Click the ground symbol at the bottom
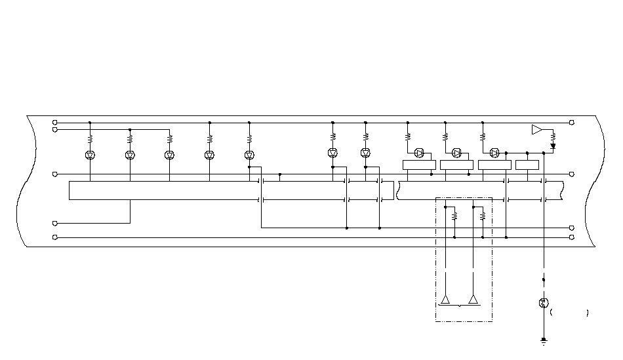coord(544,341)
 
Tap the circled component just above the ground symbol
coord(543,303)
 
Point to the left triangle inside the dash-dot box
coord(445,300)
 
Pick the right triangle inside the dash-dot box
coord(473,300)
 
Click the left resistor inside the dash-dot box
coord(454,214)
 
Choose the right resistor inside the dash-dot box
coord(483,214)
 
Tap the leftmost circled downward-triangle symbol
coord(90,155)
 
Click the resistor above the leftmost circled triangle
coord(90,139)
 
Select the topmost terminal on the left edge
coord(55,123)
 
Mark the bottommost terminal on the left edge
coord(55,237)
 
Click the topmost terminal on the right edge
coord(572,123)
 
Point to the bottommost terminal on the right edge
coord(572,237)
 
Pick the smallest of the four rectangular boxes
coord(527,165)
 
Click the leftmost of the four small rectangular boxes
coord(419,165)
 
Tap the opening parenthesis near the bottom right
coord(552,313)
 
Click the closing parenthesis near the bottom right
coord(588,313)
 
